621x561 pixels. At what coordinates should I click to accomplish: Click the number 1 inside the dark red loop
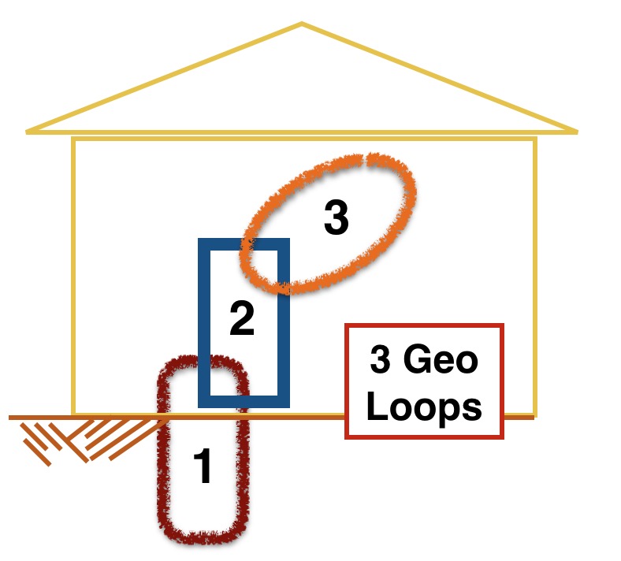[x=203, y=466]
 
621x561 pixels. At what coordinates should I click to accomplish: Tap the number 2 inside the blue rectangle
[x=242, y=318]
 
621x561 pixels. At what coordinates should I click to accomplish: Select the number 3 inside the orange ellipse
[x=337, y=217]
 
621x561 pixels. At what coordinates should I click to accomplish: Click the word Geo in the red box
[x=441, y=359]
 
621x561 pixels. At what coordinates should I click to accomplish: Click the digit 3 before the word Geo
[x=380, y=359]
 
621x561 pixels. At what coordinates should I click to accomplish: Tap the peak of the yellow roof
[x=302, y=24]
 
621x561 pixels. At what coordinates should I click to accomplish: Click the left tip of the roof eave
[x=27, y=132]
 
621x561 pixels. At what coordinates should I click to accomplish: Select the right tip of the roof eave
[x=577, y=132]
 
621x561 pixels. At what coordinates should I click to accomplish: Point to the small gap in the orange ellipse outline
[x=364, y=161]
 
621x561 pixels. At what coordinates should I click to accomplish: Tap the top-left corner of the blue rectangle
[x=199, y=239]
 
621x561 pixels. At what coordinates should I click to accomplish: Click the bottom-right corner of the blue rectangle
[x=289, y=407]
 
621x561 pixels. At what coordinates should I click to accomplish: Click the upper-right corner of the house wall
[x=535, y=139]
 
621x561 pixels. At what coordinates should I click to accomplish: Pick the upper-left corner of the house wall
[x=73, y=139]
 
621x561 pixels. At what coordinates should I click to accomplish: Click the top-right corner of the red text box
[x=503, y=325]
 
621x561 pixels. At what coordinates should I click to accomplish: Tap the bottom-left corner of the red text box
[x=346, y=437]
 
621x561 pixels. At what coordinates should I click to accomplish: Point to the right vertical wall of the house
[x=535, y=277]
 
